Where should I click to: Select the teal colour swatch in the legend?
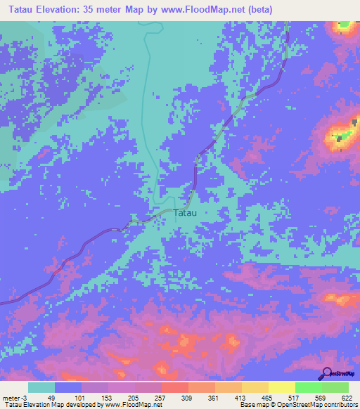pos(41,387)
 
